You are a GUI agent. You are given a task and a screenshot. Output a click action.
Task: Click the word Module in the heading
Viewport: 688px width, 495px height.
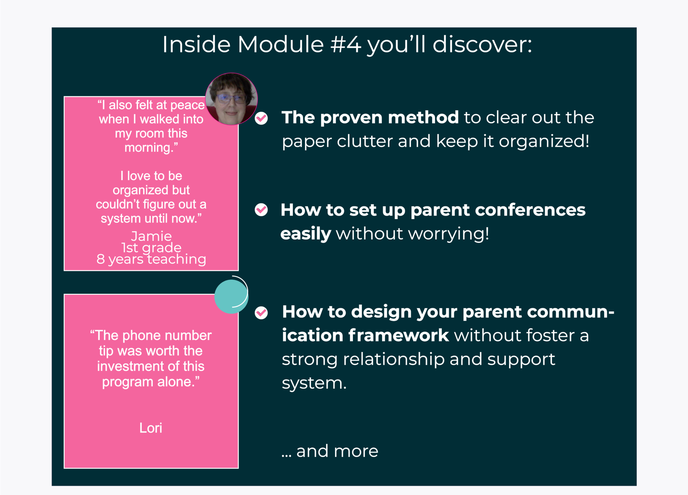point(281,44)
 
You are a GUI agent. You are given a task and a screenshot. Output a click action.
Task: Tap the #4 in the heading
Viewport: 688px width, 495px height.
point(346,44)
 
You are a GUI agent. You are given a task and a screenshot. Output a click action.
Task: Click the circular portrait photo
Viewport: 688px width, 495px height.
point(231,99)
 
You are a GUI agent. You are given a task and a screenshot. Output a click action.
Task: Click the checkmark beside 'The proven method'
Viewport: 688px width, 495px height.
point(261,118)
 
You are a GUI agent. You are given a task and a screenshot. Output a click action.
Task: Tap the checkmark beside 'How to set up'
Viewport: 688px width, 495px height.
point(261,210)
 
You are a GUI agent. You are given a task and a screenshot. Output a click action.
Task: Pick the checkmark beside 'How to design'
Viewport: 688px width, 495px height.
point(261,312)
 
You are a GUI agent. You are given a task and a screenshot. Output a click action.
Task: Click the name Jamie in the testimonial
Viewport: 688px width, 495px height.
point(151,236)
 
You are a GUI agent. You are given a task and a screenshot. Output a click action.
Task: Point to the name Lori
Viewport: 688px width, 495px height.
point(151,428)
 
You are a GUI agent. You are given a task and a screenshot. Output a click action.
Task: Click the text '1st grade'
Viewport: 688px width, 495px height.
point(151,248)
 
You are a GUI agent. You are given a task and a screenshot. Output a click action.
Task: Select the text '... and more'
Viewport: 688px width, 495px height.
point(330,451)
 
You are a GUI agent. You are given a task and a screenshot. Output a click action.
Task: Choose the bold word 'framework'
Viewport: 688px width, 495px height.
point(398,335)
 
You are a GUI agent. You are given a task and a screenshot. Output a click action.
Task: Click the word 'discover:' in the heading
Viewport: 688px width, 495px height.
point(482,44)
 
